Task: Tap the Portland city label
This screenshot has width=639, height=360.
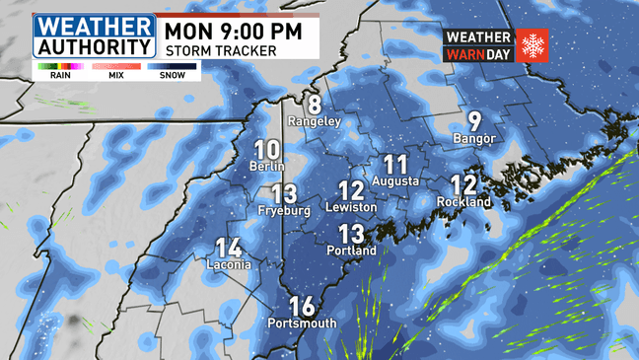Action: coord(352,251)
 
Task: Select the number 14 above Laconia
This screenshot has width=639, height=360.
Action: coord(229,250)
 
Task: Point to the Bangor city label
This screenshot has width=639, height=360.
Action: coord(474,138)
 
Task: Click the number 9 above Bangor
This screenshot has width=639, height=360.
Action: coord(474,121)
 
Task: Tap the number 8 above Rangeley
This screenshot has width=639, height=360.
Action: coord(315,105)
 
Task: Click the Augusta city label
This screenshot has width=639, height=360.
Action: coord(396,181)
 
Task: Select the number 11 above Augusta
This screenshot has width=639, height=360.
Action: coord(395,165)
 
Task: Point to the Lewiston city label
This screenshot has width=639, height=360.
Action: coord(352,208)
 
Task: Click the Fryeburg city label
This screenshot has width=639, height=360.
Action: coord(284,210)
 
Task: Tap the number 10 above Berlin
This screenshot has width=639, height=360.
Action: coord(266,151)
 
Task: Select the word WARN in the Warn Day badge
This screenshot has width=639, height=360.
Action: coord(464,53)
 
